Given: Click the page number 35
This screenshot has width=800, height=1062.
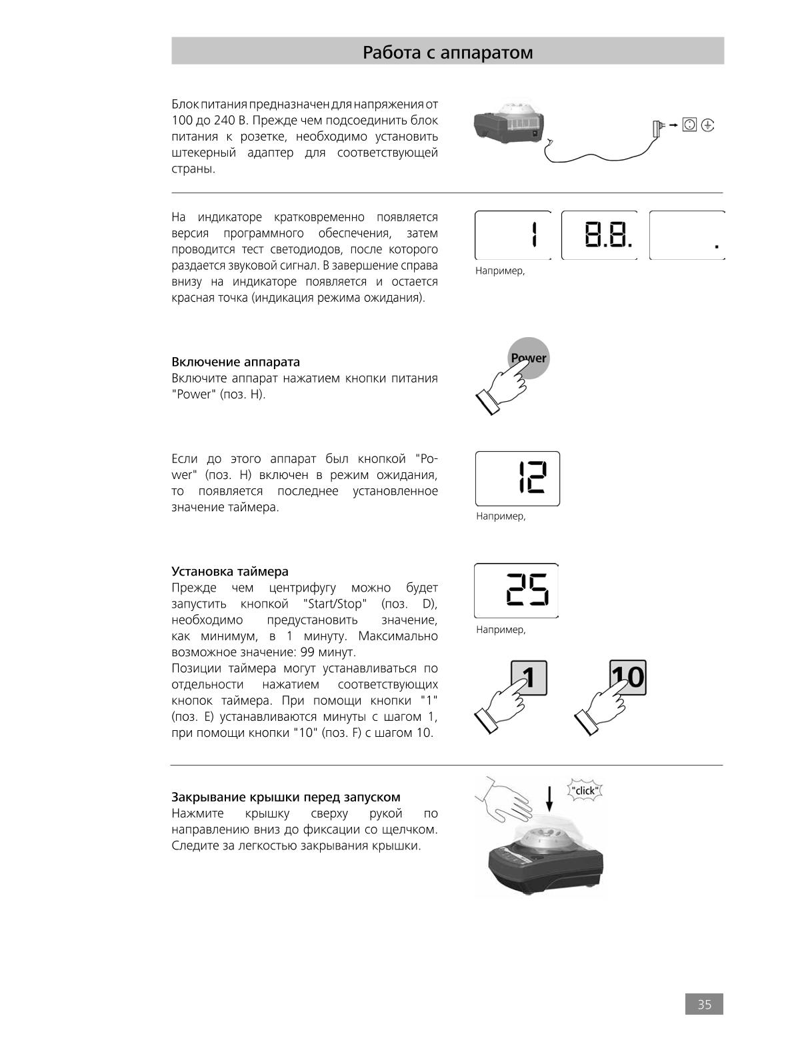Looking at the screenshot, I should click(704, 1004).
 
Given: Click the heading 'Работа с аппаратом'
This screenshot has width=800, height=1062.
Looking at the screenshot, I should click(447, 52).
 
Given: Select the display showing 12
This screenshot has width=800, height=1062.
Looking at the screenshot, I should click(517, 478).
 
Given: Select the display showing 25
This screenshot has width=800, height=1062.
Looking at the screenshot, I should click(516, 590).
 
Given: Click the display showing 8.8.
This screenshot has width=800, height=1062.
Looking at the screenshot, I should click(599, 235).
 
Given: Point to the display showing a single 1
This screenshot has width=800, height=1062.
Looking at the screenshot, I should click(513, 235).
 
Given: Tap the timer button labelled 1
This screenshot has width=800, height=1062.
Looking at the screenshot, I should click(529, 678).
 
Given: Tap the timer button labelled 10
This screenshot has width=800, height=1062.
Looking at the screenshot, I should click(628, 678).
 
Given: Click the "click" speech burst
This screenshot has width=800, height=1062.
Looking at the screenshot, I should click(585, 791).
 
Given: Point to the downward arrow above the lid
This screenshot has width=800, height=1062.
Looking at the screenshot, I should click(549, 799).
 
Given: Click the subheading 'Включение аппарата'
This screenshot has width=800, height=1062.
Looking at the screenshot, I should click(235, 362).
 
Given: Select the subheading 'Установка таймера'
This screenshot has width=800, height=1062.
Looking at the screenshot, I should click(229, 571).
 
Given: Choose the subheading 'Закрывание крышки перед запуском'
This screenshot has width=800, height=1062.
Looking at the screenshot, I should click(285, 797).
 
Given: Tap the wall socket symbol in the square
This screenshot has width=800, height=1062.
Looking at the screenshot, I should click(689, 125).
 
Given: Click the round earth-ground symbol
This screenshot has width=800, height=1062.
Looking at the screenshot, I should click(707, 125).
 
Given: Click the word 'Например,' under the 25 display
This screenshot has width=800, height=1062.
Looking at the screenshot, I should click(501, 630).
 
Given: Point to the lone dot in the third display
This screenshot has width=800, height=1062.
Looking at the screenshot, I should click(717, 247).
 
